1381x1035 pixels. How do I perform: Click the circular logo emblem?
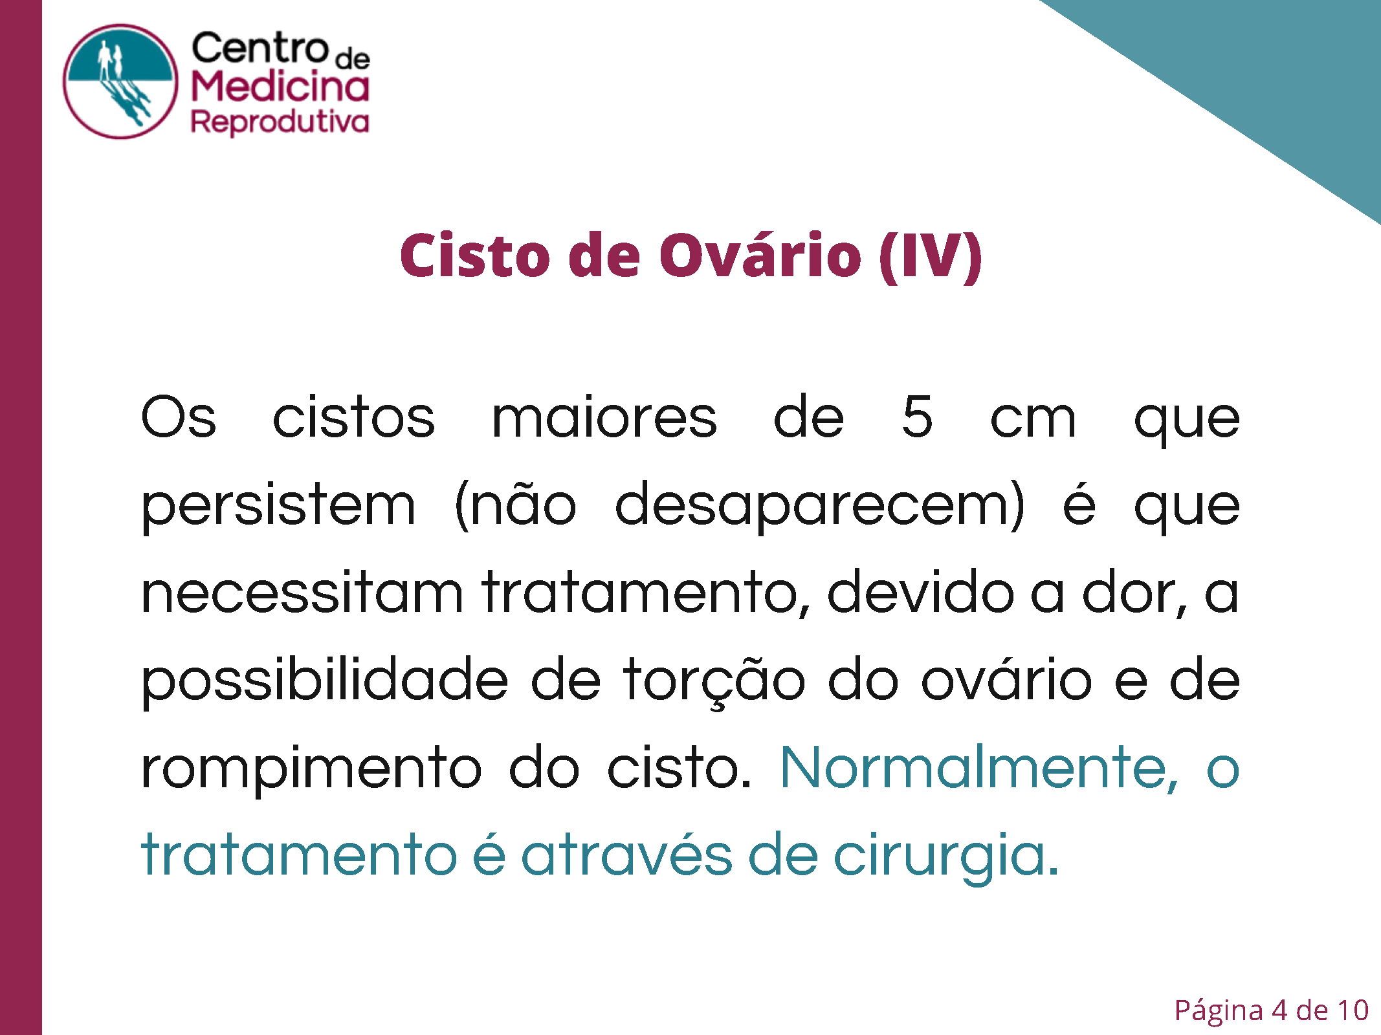click(120, 82)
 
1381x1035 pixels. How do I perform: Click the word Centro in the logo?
click(260, 49)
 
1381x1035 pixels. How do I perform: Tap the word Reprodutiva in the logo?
click(280, 122)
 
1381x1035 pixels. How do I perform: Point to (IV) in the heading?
click(931, 257)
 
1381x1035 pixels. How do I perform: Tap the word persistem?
click(278, 506)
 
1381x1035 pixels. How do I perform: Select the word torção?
click(714, 681)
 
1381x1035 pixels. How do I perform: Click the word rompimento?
click(311, 768)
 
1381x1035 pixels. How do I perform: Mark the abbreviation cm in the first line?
click(1033, 419)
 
